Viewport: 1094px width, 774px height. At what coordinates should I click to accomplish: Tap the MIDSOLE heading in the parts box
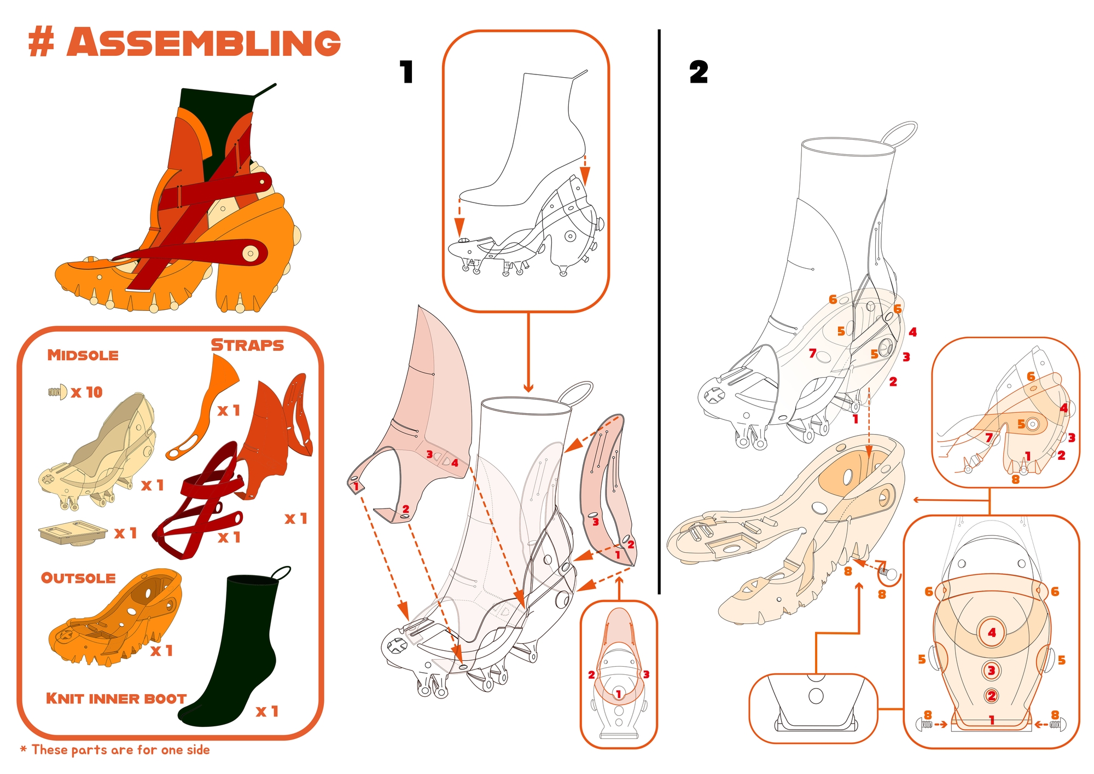tap(83, 355)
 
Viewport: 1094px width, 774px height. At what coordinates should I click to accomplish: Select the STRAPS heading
tap(247, 345)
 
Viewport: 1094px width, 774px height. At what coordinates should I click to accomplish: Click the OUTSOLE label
tap(78, 578)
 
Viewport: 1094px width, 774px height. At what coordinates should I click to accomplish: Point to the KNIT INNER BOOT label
tap(116, 698)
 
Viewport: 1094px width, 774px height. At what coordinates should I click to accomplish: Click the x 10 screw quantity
tap(87, 392)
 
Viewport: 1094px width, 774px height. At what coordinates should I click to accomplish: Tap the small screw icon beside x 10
tap(57, 391)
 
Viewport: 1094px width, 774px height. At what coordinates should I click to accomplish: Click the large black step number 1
tap(406, 72)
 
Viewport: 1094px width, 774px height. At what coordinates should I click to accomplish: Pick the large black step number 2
tap(699, 72)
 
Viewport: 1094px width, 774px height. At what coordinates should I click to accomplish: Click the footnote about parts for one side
tap(115, 749)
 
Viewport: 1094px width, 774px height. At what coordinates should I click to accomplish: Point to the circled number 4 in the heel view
tap(992, 633)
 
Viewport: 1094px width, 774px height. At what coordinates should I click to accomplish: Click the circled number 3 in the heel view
tap(991, 670)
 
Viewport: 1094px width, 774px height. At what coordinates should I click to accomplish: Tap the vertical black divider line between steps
tap(659, 311)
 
